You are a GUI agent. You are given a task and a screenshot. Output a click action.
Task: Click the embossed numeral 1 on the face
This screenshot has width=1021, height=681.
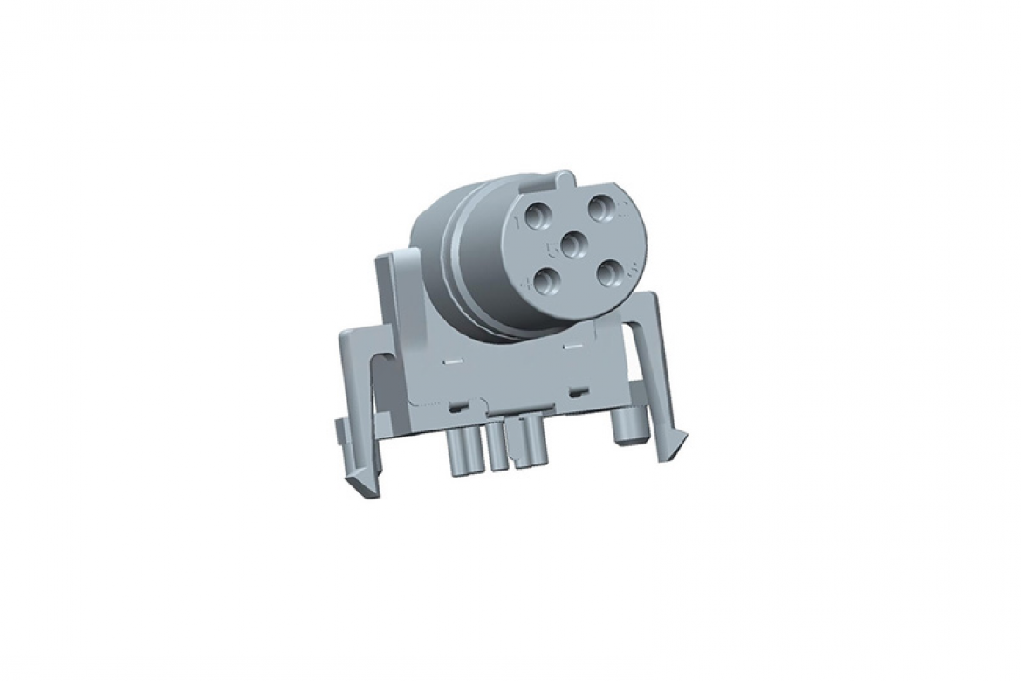click(x=520, y=222)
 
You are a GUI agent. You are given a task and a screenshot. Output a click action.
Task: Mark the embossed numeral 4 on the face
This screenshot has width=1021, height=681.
click(x=527, y=284)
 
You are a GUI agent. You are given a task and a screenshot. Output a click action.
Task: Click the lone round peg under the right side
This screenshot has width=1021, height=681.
click(x=627, y=428)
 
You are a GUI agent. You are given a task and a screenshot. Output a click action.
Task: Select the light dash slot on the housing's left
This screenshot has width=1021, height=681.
click(x=452, y=358)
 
